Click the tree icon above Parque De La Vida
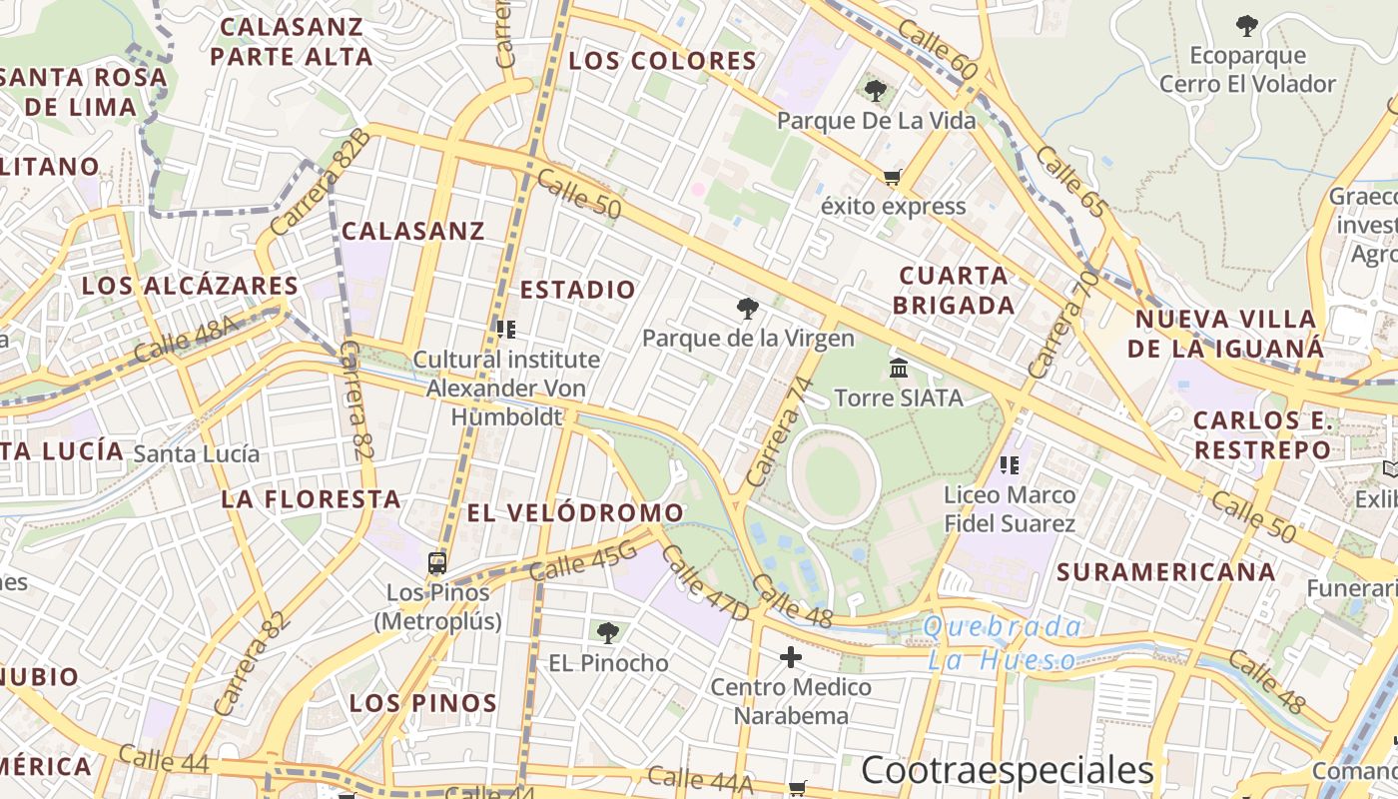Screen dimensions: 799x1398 tap(876, 91)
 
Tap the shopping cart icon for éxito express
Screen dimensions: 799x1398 tap(892, 178)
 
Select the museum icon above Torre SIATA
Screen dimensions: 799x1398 tap(898, 368)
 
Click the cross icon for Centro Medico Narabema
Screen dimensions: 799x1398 tap(791, 657)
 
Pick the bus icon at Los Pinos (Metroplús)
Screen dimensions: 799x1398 tap(437, 563)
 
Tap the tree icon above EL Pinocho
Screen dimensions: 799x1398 tap(607, 632)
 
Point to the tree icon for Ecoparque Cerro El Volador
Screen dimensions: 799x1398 tap(1246, 26)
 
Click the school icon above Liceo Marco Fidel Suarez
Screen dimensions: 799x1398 tap(1009, 464)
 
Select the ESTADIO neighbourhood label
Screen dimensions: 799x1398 tap(578, 290)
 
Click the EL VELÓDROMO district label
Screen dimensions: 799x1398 tap(575, 513)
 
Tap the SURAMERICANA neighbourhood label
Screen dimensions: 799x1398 tap(1166, 572)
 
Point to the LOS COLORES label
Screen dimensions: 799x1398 tap(663, 61)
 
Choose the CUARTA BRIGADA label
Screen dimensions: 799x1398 tap(954, 290)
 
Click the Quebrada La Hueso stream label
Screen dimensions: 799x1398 tap(1003, 643)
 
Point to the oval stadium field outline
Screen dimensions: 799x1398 tap(833, 478)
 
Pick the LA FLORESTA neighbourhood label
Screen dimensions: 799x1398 tap(311, 498)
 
